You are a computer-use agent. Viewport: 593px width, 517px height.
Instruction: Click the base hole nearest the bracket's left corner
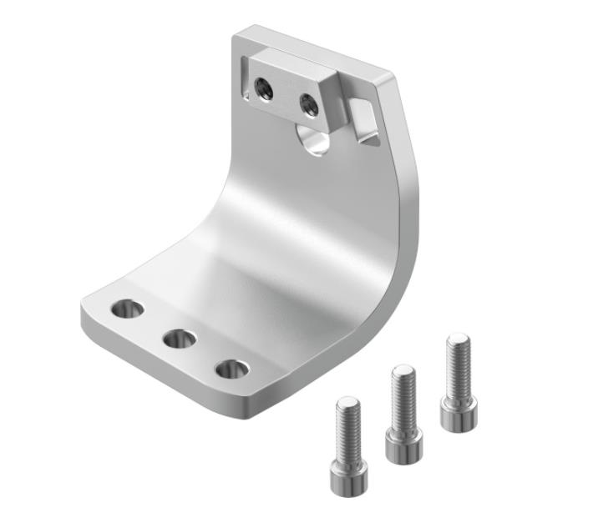(x=128, y=309)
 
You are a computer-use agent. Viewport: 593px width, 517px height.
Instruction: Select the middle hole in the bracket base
(x=180, y=339)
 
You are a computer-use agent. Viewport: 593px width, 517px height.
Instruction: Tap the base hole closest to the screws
(x=231, y=369)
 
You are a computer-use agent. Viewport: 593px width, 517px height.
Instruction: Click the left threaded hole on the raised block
(x=263, y=88)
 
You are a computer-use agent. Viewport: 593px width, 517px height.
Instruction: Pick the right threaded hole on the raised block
(x=308, y=104)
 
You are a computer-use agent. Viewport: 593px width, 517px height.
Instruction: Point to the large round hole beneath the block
(x=316, y=140)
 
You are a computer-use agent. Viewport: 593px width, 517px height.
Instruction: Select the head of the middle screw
(x=403, y=444)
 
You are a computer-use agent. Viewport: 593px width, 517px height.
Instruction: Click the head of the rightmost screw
(x=459, y=414)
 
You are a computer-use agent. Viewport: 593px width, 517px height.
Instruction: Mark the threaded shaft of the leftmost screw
(x=348, y=429)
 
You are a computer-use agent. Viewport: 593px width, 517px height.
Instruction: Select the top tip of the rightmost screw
(x=458, y=339)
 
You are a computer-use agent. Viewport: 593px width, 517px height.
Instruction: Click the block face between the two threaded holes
(x=286, y=95)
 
